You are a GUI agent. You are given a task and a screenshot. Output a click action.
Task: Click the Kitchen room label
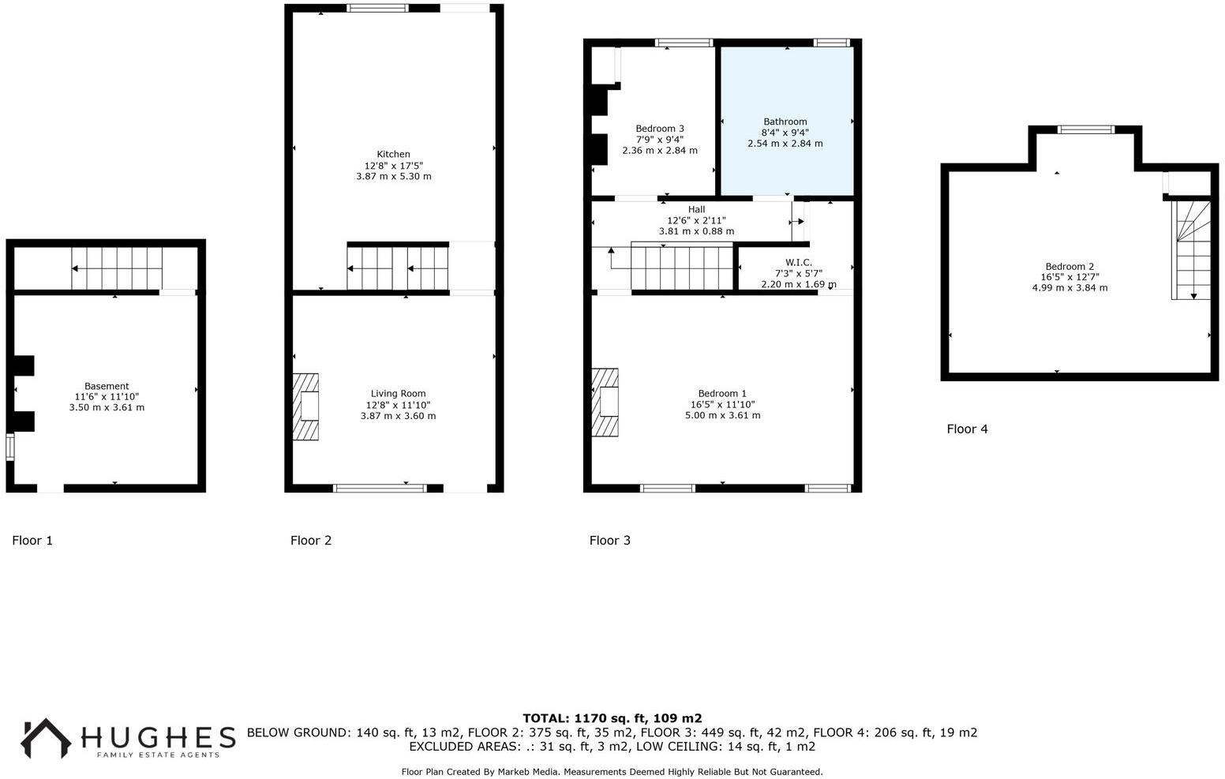(x=393, y=154)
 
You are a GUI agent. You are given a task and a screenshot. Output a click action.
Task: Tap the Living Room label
(x=398, y=393)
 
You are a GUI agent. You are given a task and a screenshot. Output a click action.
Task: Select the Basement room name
(x=107, y=386)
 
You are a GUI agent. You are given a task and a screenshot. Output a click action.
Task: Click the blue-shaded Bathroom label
(x=785, y=122)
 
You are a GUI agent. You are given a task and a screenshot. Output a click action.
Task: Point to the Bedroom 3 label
(x=660, y=129)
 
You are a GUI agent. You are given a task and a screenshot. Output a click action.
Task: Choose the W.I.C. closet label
(x=798, y=262)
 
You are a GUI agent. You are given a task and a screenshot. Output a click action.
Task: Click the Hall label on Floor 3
(x=696, y=209)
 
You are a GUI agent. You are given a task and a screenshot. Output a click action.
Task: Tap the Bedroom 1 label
(x=722, y=393)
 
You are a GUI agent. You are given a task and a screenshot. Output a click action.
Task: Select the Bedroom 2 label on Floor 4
(x=1070, y=266)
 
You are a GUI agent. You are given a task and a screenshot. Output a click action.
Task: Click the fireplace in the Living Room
(x=306, y=406)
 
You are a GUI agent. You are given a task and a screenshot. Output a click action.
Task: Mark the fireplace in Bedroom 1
(x=605, y=402)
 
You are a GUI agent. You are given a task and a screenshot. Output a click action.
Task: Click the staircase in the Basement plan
(x=117, y=268)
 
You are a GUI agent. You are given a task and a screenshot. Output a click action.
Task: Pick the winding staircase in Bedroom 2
(x=1191, y=249)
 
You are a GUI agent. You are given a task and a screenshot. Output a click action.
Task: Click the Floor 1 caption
(x=32, y=541)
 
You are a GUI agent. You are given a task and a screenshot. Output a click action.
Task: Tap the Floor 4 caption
(x=967, y=429)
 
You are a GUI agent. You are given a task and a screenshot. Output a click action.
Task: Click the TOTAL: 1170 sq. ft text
(x=612, y=718)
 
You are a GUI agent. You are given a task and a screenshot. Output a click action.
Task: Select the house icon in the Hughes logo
(x=45, y=738)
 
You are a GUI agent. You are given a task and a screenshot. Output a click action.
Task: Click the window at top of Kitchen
(x=378, y=9)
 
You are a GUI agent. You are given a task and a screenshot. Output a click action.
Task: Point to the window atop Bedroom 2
(x=1086, y=129)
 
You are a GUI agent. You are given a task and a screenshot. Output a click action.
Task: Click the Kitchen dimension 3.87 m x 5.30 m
(x=393, y=177)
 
